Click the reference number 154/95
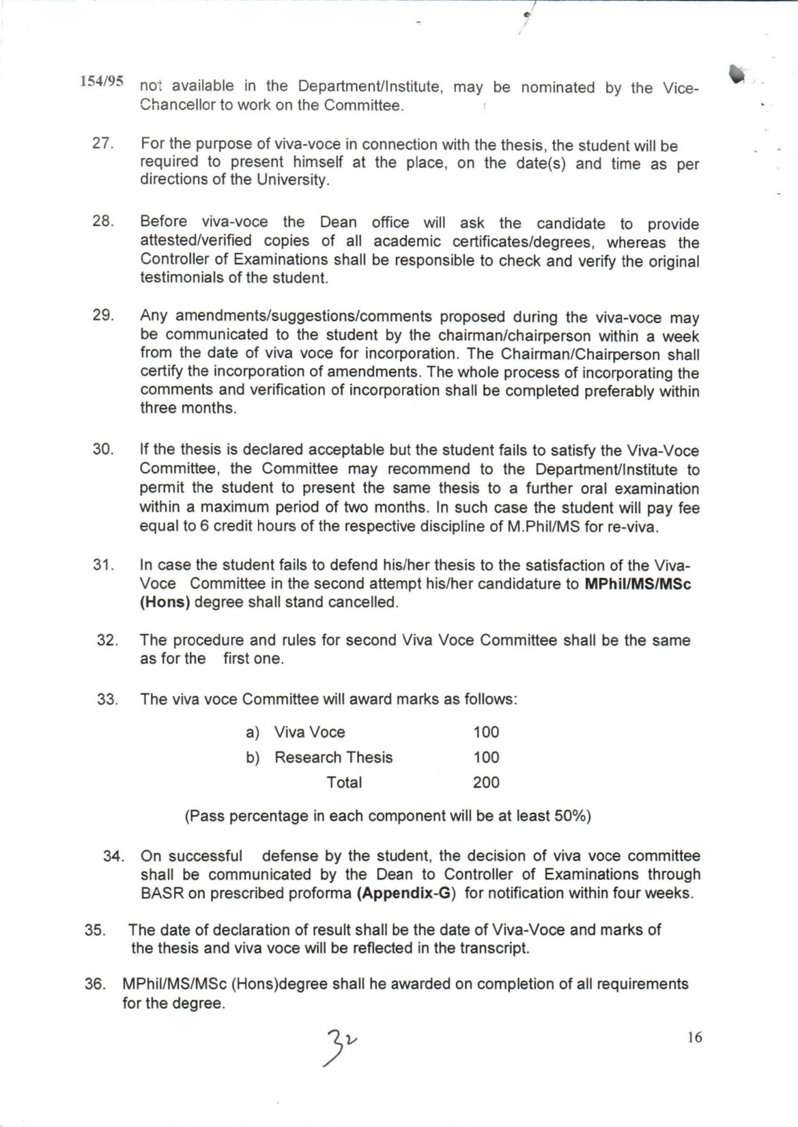[101, 81]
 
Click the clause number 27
[102, 143]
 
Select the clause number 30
[103, 449]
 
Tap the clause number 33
[108, 699]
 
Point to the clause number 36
[95, 984]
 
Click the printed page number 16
[695, 1037]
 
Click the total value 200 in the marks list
[486, 783]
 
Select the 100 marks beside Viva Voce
[486, 732]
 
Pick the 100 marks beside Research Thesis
[486, 758]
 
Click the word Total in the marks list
[344, 783]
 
